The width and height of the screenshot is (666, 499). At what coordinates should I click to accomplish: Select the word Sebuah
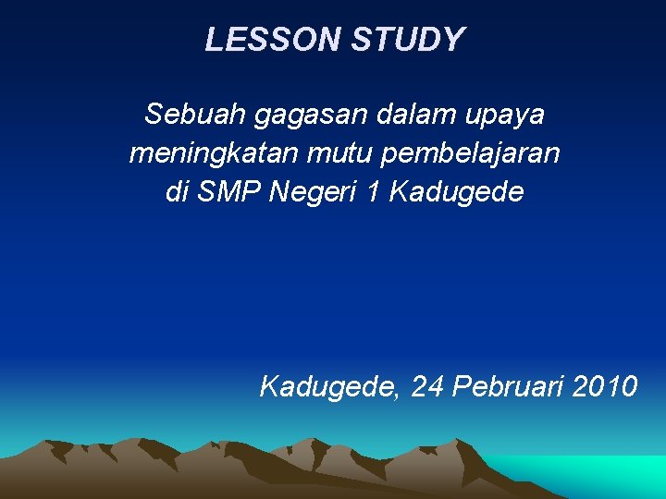coord(193,115)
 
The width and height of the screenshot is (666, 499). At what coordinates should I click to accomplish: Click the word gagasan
coord(310,116)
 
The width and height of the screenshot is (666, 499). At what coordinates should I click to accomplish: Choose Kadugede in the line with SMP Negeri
coord(456,192)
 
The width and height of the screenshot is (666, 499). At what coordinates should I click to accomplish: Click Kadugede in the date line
coord(327,385)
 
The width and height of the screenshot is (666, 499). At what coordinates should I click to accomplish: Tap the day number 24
coord(426,385)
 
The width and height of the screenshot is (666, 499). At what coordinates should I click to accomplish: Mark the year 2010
coord(605,385)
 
